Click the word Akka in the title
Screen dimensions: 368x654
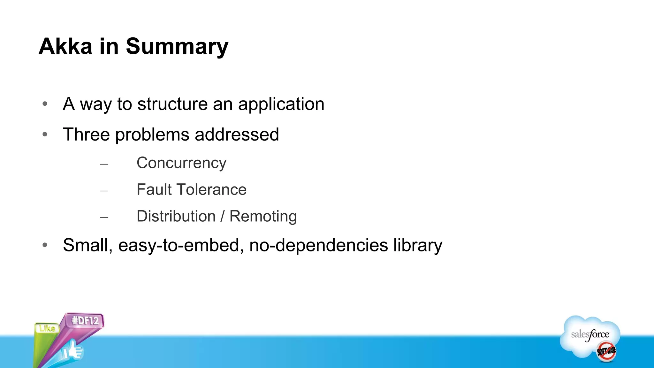pyautogui.click(x=65, y=47)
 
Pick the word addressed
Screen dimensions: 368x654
pyautogui.click(x=237, y=134)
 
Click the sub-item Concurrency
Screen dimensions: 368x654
pyautogui.click(x=181, y=163)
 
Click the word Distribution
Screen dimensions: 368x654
pyautogui.click(x=176, y=216)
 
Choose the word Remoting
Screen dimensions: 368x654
pyautogui.click(x=263, y=217)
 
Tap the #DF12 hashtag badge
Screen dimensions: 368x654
pyautogui.click(x=85, y=320)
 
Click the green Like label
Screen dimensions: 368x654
pyautogui.click(x=47, y=328)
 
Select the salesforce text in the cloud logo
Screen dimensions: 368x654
pyautogui.click(x=590, y=334)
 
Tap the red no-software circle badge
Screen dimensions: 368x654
pyautogui.click(x=606, y=351)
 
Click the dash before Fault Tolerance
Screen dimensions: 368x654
pyautogui.click(x=104, y=191)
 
